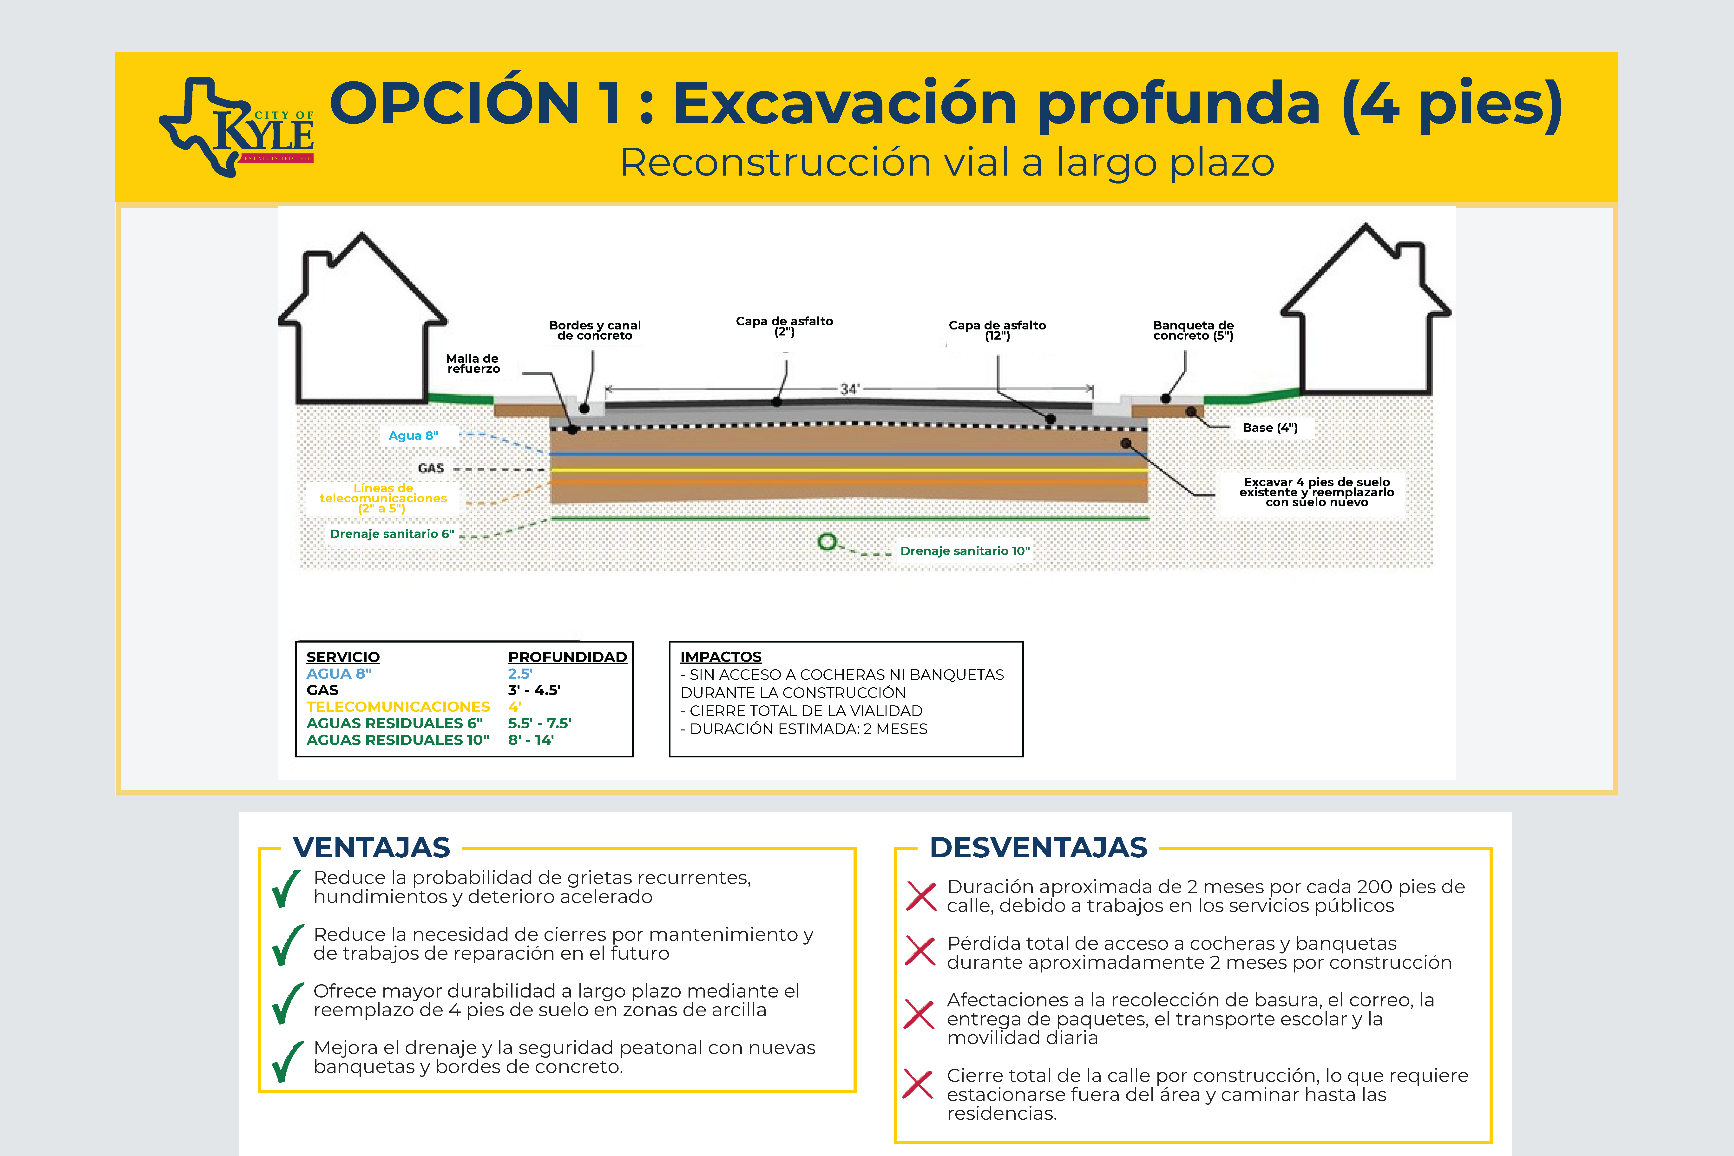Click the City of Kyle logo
[237, 127]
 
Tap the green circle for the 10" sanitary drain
[827, 542]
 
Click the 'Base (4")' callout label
[1269, 428]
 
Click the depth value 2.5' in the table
[520, 674]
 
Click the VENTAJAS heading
[372, 848]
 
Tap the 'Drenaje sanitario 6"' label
[392, 534]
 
